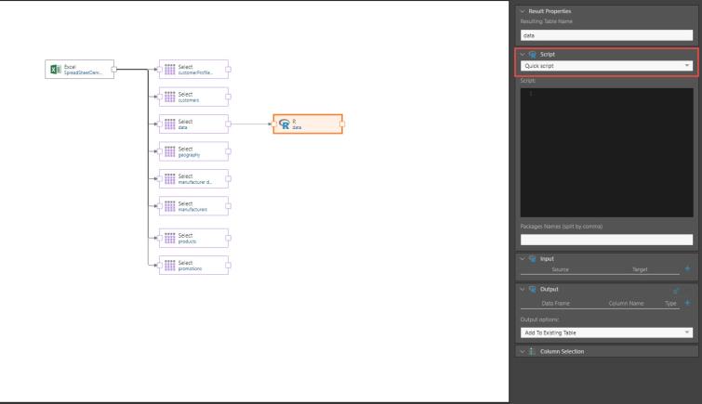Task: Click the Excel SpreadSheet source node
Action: tap(81, 70)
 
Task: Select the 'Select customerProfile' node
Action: tap(193, 70)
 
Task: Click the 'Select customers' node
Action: tap(193, 98)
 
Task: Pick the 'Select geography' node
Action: tap(193, 151)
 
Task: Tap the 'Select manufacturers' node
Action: tap(193, 206)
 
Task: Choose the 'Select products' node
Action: tap(193, 238)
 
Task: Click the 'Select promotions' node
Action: tap(193, 266)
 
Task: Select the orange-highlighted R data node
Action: tap(307, 125)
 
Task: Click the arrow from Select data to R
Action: tap(249, 124)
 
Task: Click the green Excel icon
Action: tap(55, 70)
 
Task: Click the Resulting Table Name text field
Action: tap(606, 34)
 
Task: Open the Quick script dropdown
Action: tap(606, 66)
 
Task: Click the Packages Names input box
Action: tap(606, 240)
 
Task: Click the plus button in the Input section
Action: tap(688, 269)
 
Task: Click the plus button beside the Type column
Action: tap(688, 303)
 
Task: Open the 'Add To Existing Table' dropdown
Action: tap(606, 332)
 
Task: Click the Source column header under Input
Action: tap(564, 269)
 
